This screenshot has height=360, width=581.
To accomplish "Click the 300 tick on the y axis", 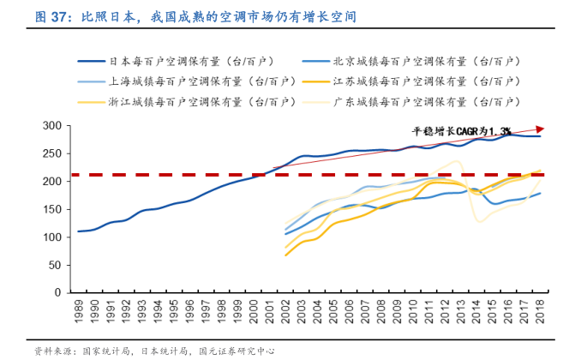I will tap(54, 126).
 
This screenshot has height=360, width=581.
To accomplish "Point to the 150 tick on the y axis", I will tap(54, 209).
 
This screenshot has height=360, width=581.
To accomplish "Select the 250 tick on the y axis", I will tap(54, 154).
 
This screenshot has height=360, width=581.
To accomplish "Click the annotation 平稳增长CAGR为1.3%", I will tap(460, 131).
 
